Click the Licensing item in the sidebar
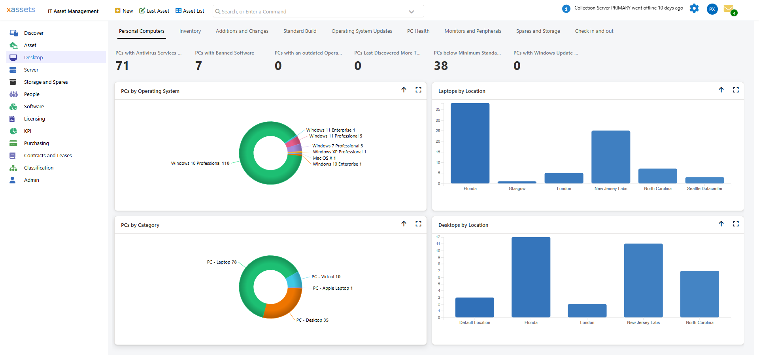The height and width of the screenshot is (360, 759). [x=34, y=119]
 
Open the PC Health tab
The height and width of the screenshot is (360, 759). [x=418, y=31]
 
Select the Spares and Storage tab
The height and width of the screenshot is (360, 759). [x=538, y=31]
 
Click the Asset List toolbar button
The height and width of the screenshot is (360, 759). [x=190, y=11]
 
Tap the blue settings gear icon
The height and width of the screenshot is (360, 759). [x=694, y=8]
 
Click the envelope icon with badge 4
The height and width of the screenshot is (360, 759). [x=729, y=9]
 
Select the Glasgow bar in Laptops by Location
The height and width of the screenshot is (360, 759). [x=517, y=182]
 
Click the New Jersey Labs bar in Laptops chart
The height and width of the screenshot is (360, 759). [x=610, y=157]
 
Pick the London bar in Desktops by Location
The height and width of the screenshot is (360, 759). [x=587, y=311]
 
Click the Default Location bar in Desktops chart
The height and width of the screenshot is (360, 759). [x=474, y=307]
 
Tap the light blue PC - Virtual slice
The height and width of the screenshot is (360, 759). [x=294, y=280]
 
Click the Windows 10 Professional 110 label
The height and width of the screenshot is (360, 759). [x=200, y=163]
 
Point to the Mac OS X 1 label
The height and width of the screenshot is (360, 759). [x=324, y=158]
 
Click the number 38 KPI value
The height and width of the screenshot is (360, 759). [x=441, y=66]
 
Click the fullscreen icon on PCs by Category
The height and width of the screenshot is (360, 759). [x=418, y=224]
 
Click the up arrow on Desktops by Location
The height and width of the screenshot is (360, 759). [x=721, y=224]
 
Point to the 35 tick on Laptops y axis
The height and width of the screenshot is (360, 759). [x=438, y=109]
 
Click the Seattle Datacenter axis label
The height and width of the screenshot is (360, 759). [x=704, y=188]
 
